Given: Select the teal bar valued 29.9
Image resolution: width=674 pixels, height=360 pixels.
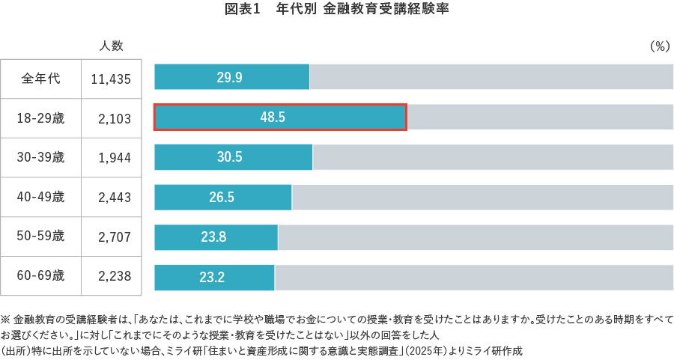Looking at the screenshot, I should coord(231,77).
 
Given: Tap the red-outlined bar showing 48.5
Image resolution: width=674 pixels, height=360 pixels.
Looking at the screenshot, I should coord(280,117).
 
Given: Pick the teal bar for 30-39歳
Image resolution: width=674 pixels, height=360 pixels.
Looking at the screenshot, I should coord(233,157).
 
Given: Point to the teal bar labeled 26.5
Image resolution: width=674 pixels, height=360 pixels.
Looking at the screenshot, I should coord(222,198).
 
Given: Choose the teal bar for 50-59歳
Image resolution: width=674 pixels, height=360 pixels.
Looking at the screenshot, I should coord(216,237).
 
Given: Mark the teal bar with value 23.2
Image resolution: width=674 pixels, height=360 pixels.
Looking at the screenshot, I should coord(214,278).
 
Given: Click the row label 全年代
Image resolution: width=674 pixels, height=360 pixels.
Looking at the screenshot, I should coord(41,78).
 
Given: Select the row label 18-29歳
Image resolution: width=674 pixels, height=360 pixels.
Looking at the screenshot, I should coord(41,118).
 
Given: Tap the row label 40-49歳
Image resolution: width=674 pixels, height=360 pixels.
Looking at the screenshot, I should coord(41,198).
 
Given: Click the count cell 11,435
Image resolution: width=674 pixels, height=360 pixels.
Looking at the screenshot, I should coord(111,79).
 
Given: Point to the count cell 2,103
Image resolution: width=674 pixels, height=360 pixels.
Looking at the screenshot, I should coord(115,118).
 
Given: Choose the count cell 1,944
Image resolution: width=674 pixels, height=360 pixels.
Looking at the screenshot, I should coord(115,158).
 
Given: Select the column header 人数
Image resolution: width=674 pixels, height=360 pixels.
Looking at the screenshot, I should coord(112,46).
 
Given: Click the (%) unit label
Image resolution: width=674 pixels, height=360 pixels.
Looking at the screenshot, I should coord(659,46).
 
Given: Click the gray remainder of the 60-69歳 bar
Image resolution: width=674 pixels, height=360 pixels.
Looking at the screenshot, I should coord(473,278).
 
